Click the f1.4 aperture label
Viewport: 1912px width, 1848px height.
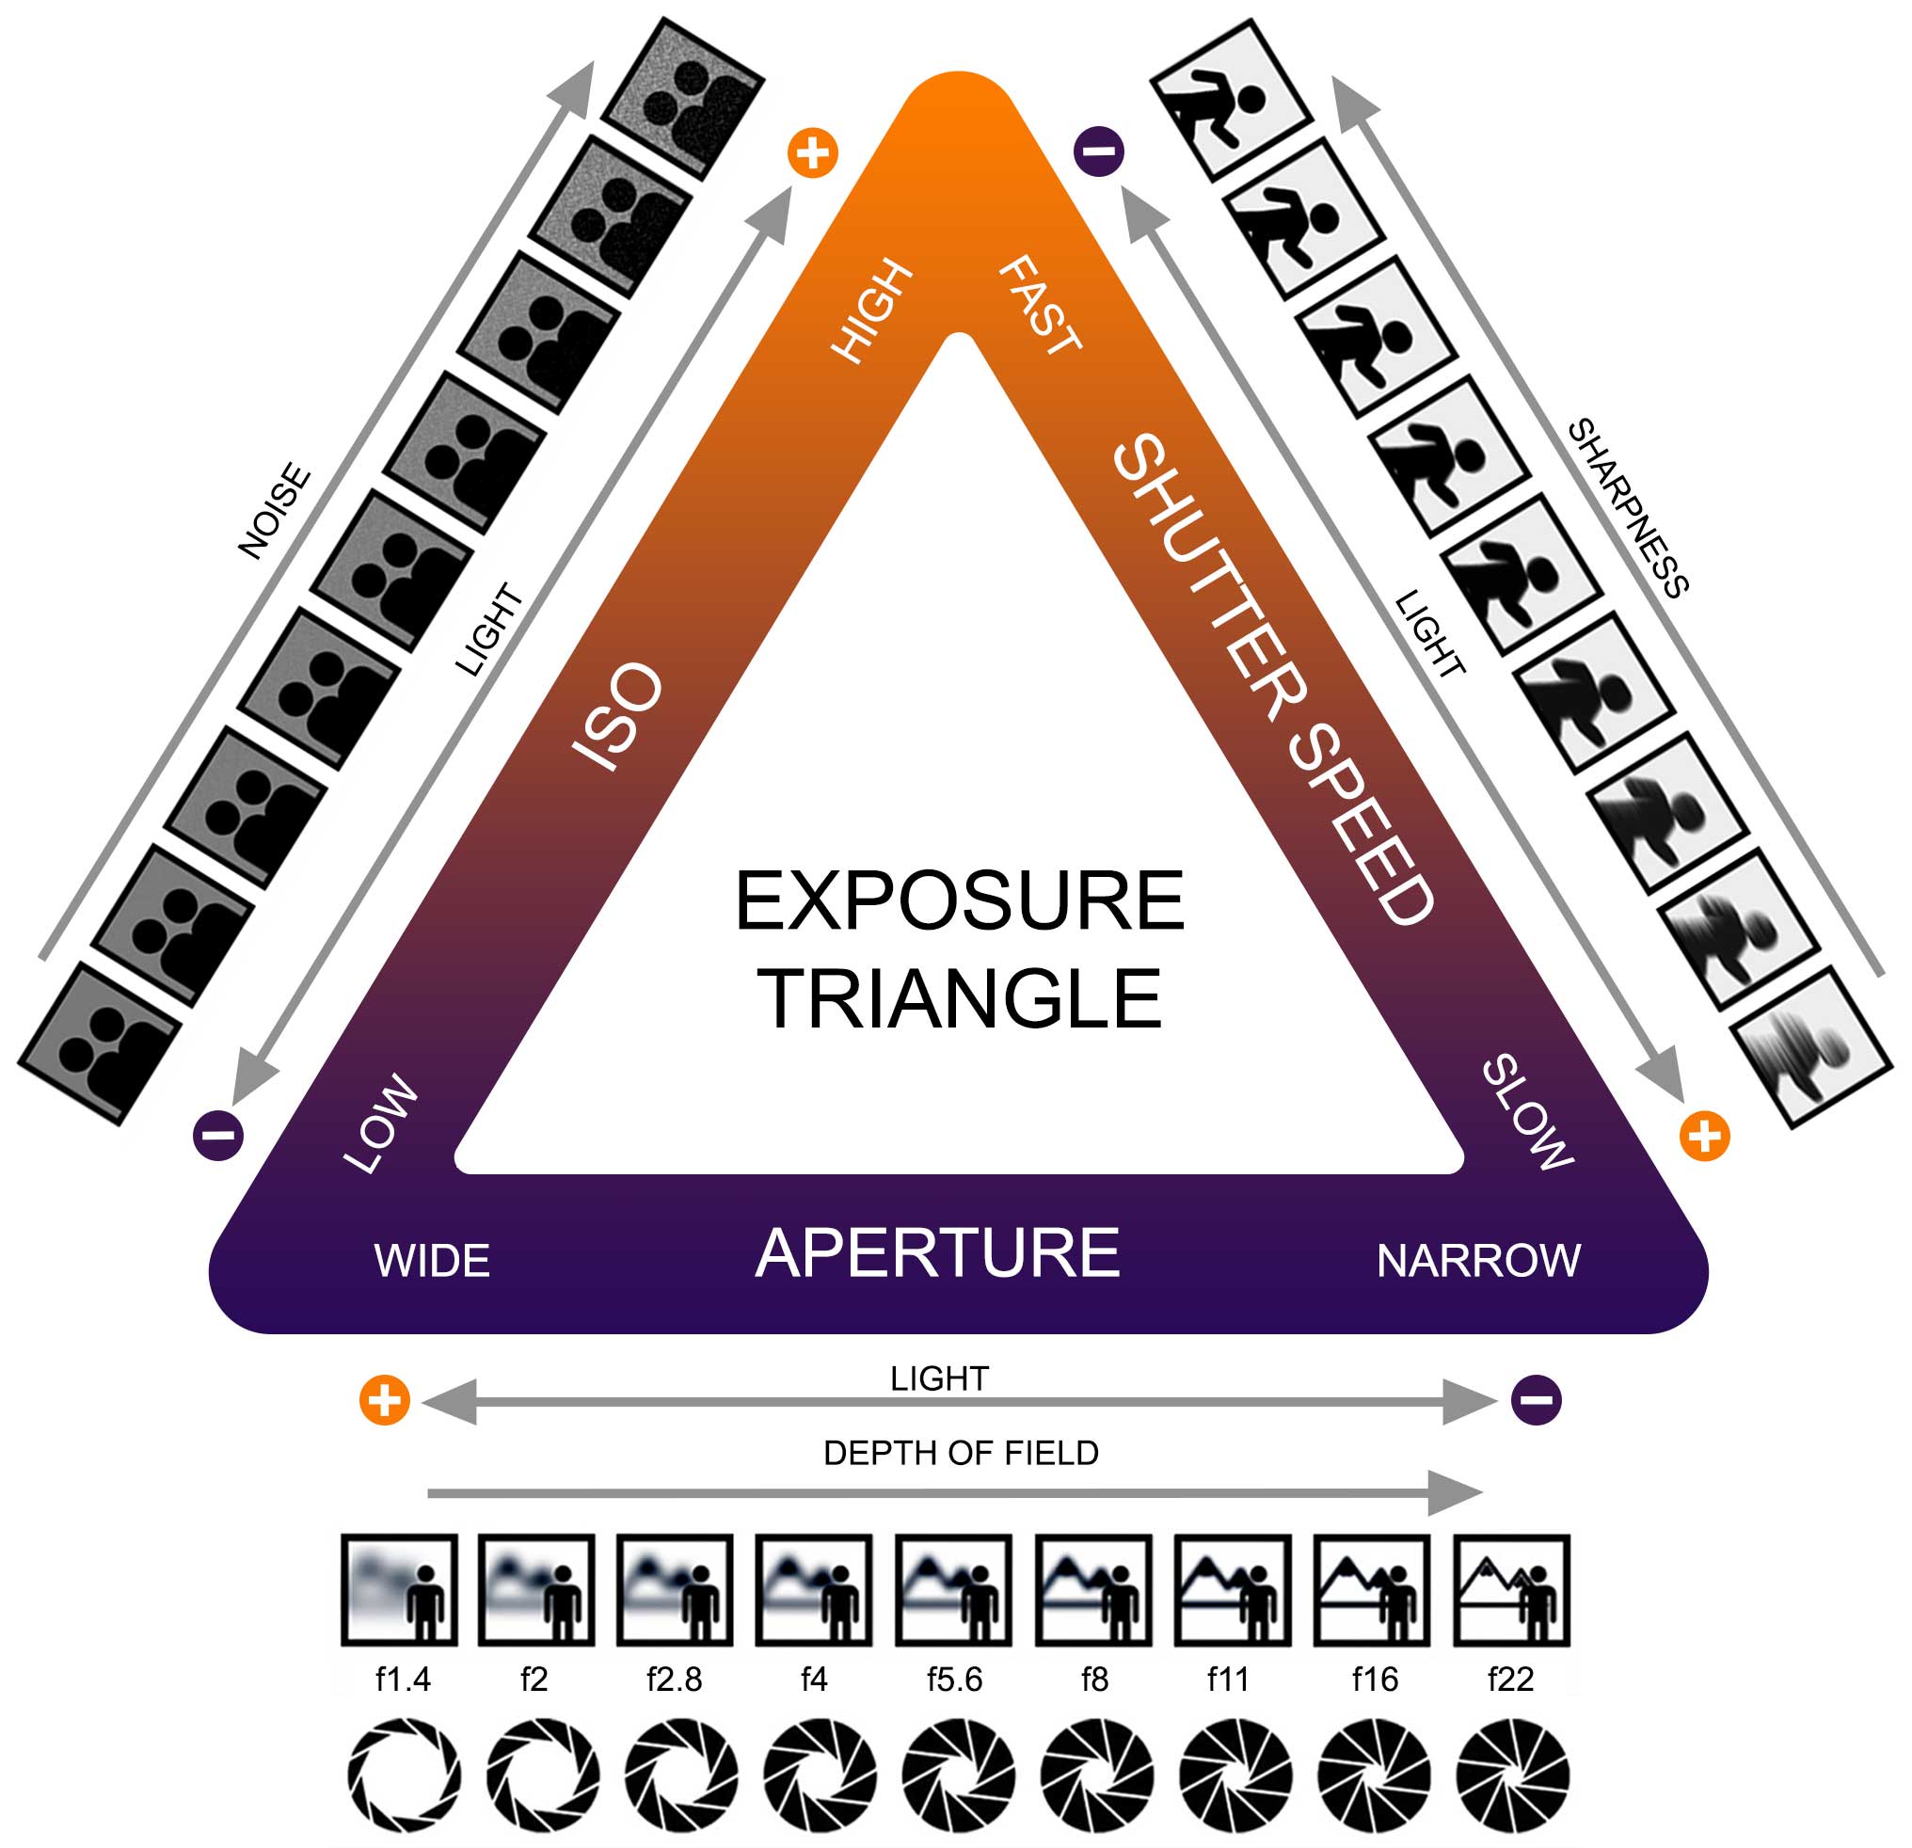(x=403, y=1680)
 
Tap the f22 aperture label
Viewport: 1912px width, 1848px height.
(x=1510, y=1680)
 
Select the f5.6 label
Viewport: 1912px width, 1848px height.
(x=954, y=1680)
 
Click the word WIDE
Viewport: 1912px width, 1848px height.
(x=432, y=1261)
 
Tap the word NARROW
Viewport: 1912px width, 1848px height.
(x=1478, y=1261)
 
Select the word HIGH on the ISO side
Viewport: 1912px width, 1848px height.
(x=871, y=312)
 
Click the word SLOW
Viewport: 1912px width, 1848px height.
(x=1528, y=1111)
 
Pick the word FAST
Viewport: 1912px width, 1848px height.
(x=1040, y=306)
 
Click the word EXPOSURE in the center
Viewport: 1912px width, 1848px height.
(x=959, y=900)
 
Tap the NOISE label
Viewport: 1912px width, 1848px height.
(x=275, y=512)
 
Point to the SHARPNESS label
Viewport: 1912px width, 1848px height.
(x=1627, y=508)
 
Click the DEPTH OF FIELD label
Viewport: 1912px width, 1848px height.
(x=961, y=1454)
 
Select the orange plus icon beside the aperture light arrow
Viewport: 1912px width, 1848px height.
(x=384, y=1400)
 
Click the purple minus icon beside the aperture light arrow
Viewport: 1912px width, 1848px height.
(x=1537, y=1400)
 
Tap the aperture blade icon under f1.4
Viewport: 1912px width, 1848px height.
(x=404, y=1776)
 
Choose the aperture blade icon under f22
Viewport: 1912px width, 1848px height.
(x=1512, y=1776)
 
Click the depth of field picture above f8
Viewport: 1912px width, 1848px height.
(x=1093, y=1589)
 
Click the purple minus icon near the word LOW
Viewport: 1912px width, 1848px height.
(x=218, y=1135)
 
